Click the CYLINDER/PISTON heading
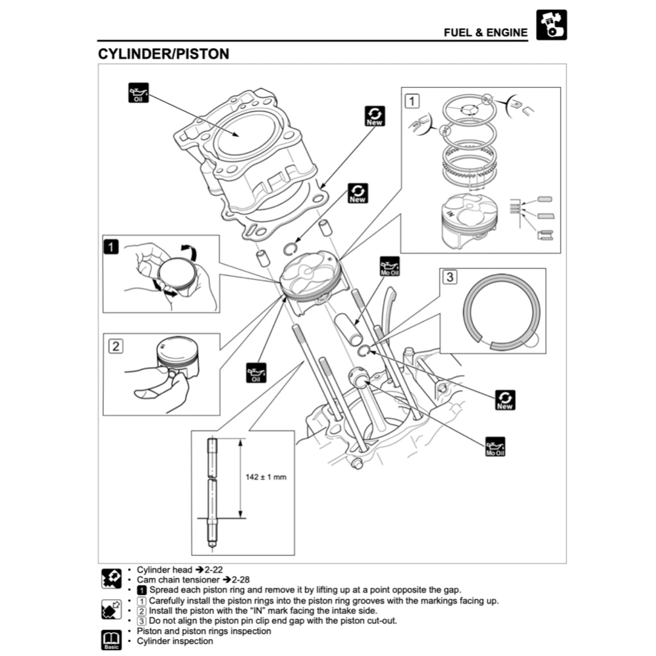coord(163,54)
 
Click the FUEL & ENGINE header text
coord(486,32)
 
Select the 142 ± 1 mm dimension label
coord(266,477)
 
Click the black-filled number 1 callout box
coord(111,245)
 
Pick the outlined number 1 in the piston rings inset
coord(412,100)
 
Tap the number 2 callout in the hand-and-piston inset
coord(115,346)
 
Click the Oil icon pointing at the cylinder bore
coord(138,94)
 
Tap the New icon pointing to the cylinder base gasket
coord(374,115)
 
